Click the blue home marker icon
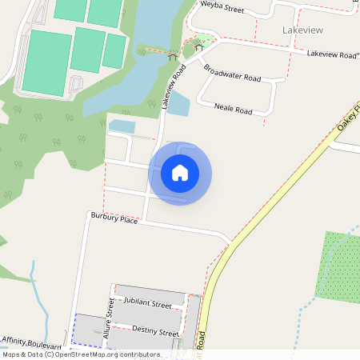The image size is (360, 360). coord(180,173)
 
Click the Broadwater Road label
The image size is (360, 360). coord(232,73)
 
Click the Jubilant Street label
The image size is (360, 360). coord(148,304)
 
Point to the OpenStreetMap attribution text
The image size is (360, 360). coord(82,354)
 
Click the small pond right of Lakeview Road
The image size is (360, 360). coord(178,103)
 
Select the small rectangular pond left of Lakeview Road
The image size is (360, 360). coord(122,126)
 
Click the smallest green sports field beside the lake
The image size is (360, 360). coord(114,50)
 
